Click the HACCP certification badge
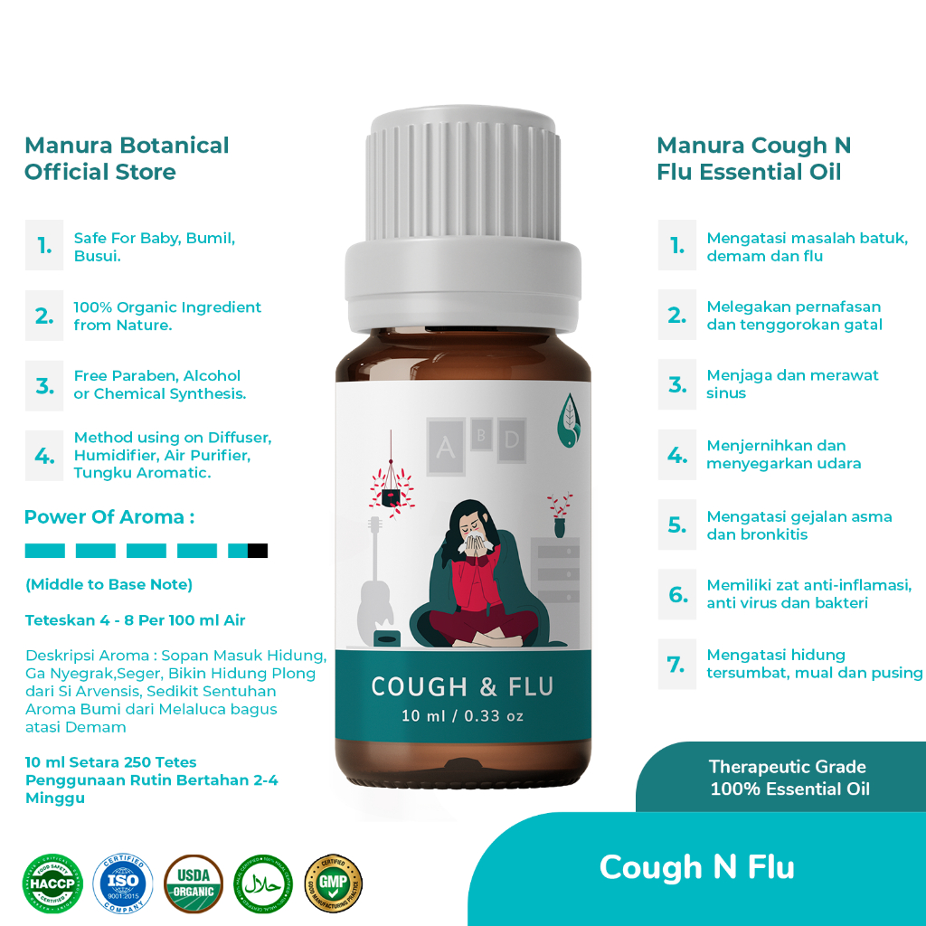tap(52, 883)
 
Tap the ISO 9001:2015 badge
tap(123, 883)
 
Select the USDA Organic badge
tap(194, 883)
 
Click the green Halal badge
tap(263, 883)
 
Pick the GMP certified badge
tap(334, 883)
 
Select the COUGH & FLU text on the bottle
tap(462, 687)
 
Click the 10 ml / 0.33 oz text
tap(462, 716)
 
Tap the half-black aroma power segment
tap(248, 551)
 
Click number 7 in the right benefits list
tap(676, 665)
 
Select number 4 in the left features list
tap(44, 455)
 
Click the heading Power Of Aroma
tap(109, 517)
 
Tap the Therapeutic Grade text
tap(787, 767)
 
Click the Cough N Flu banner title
tap(696, 867)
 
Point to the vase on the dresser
tap(560, 525)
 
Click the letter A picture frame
tap(445, 448)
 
